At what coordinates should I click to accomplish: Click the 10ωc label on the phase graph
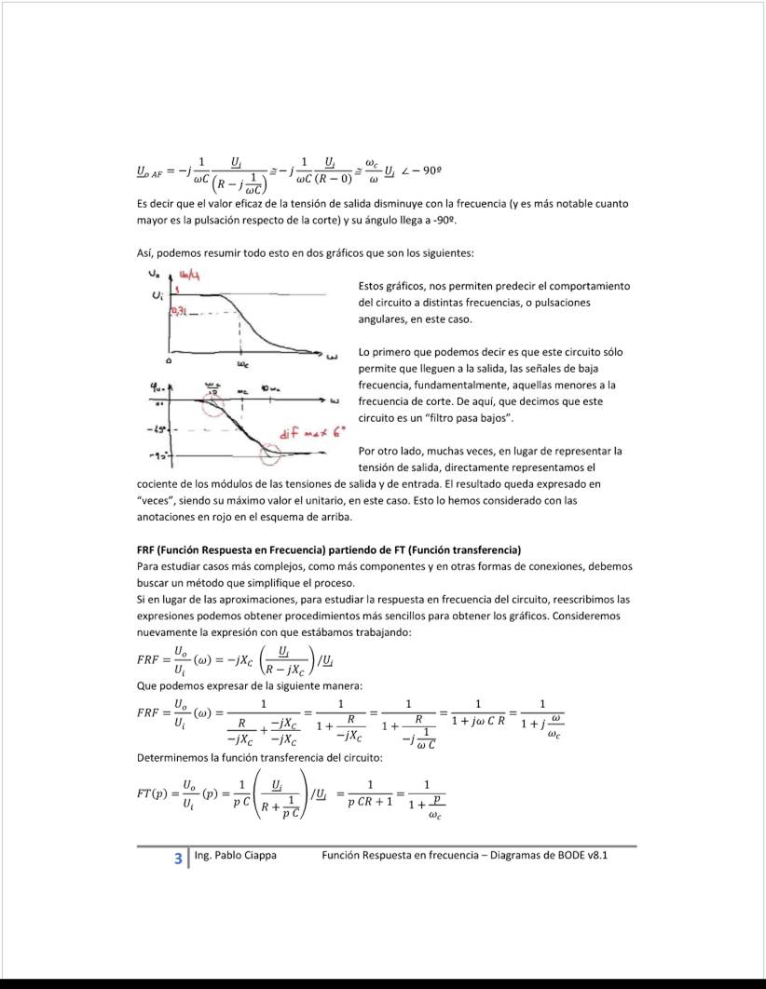tap(270, 388)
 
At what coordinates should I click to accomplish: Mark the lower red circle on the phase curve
tap(269, 453)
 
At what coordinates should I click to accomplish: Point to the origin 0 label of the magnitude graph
tap(170, 359)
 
